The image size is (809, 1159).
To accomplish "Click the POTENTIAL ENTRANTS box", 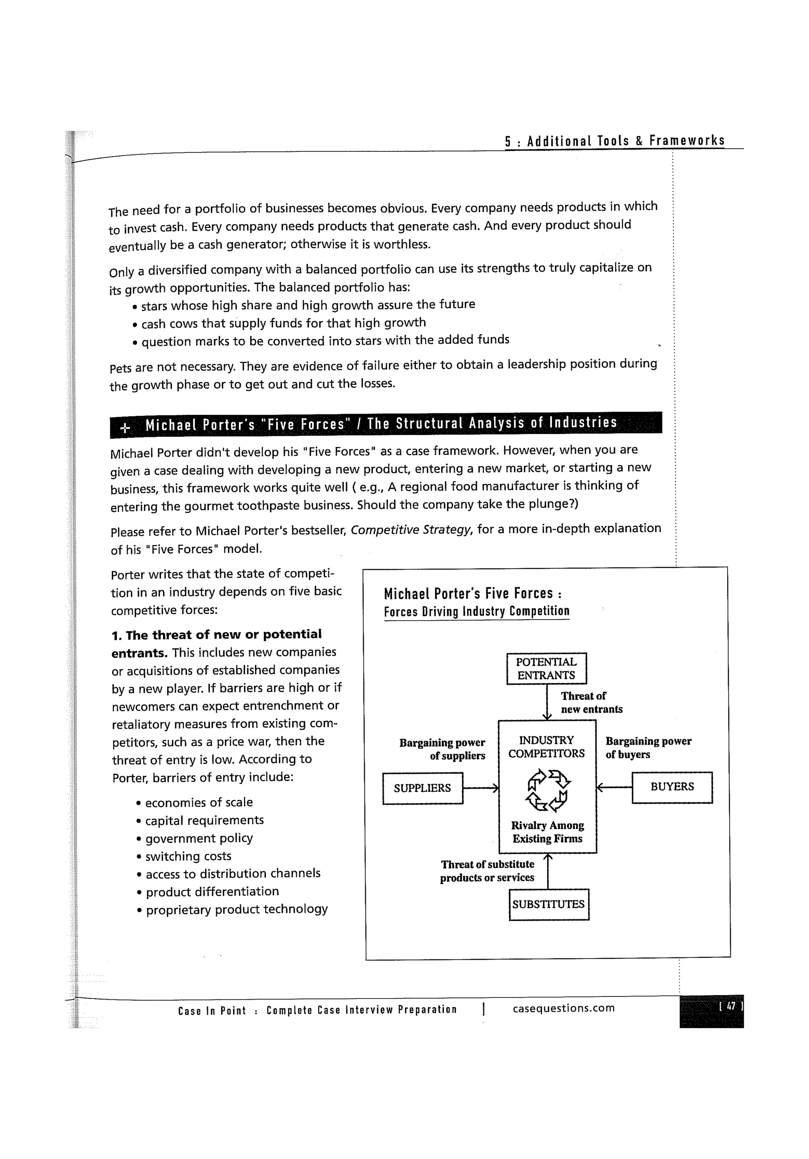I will click(546, 668).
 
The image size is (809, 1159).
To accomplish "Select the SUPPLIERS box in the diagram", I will click(422, 788).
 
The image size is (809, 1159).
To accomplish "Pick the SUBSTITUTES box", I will click(549, 904).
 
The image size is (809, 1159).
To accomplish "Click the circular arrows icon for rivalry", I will click(547, 790).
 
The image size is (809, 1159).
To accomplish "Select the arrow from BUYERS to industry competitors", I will click(614, 786).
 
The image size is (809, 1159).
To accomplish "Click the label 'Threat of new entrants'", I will click(591, 702).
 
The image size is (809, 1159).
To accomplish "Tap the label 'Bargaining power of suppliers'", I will click(442, 749).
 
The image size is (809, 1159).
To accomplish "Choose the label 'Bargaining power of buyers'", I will click(648, 748).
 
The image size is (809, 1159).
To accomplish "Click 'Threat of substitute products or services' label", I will click(487, 871).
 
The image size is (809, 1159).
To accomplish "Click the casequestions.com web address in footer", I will click(563, 1008).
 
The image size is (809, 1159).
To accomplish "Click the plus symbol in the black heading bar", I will click(125, 428).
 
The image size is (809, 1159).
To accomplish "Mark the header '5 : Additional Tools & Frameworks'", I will click(614, 141).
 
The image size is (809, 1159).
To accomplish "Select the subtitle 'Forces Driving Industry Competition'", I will click(476, 611).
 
